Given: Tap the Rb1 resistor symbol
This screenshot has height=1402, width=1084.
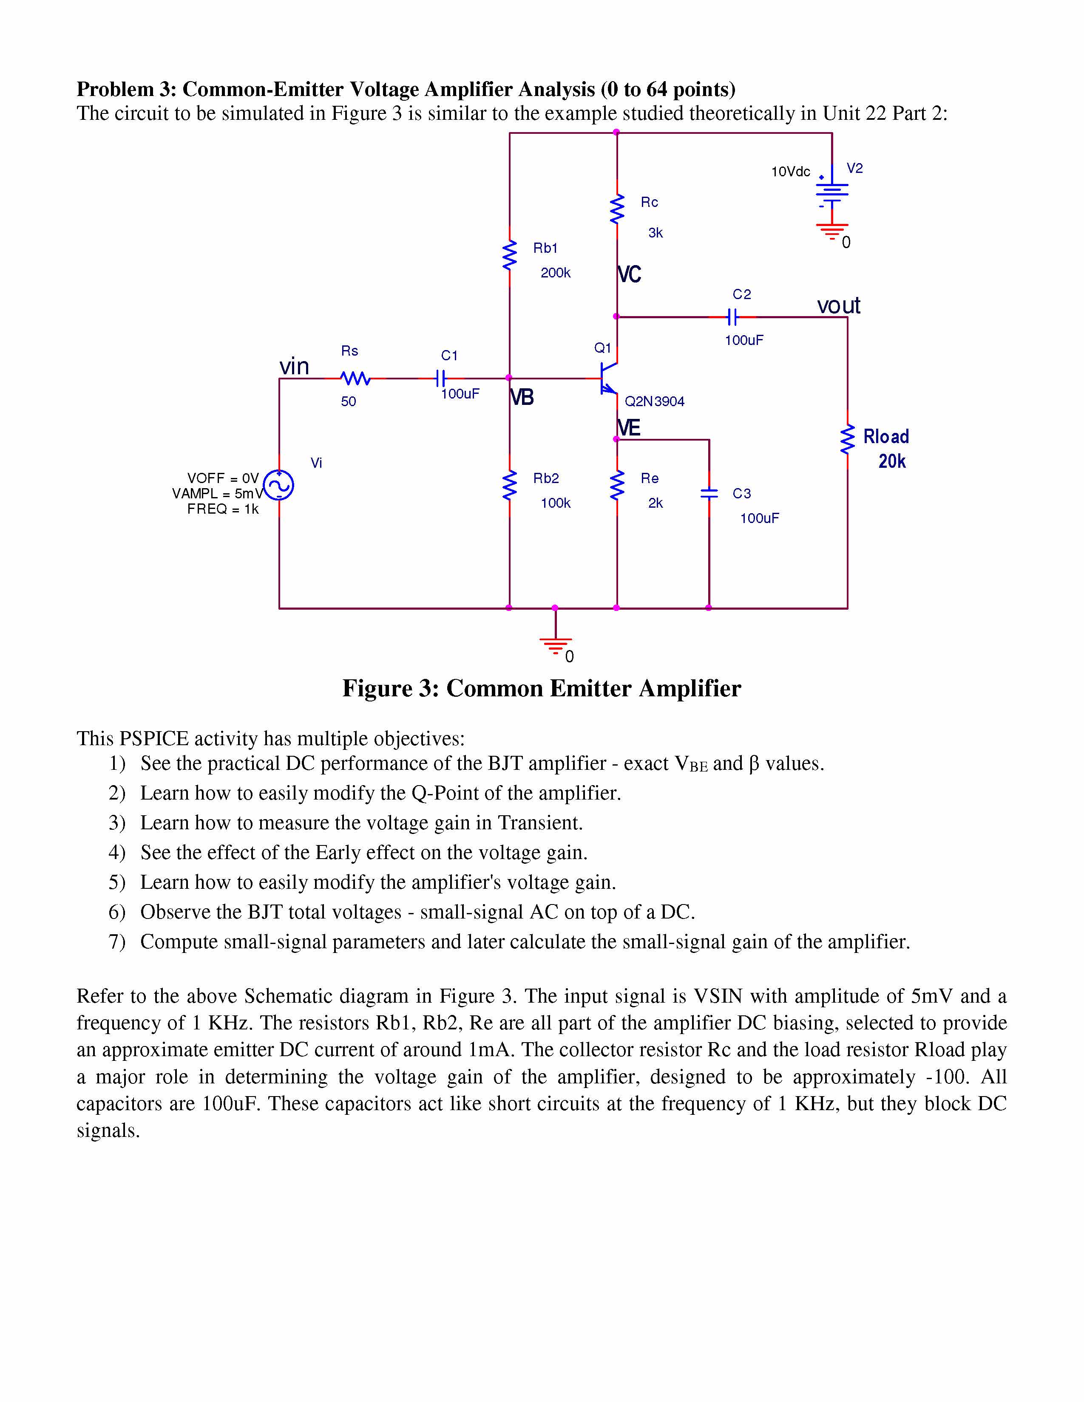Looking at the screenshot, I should [x=510, y=255].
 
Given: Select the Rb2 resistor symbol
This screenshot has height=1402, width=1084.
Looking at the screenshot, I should [x=510, y=485].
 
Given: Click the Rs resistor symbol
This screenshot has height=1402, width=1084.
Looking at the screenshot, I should [x=355, y=379].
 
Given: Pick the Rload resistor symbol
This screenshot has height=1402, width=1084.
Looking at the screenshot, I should [x=848, y=440].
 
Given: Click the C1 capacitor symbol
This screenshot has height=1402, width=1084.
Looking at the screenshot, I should [x=440, y=378].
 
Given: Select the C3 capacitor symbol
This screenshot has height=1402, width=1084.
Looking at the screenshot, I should [x=709, y=493].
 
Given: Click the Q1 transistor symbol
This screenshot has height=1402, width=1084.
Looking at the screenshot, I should [x=607, y=379].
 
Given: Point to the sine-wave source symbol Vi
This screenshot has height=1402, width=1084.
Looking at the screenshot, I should [x=279, y=485].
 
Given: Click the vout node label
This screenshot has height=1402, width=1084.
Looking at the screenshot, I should [x=838, y=305].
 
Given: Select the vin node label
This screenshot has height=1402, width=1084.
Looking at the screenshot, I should [x=294, y=367].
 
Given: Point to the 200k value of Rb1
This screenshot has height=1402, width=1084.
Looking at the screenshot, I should [x=556, y=273].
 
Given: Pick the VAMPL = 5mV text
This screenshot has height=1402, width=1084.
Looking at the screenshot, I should [x=217, y=494].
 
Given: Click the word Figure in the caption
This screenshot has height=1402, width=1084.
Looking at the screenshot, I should [x=377, y=688].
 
